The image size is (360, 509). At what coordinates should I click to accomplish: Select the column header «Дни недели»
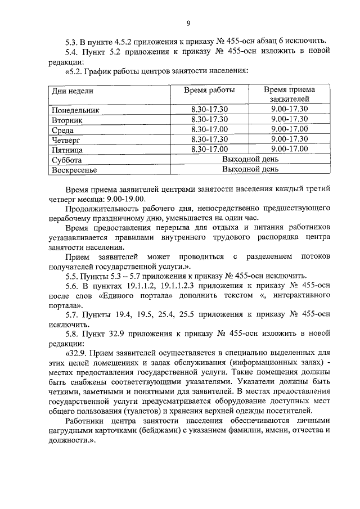73,91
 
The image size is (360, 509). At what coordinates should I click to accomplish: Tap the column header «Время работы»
209,90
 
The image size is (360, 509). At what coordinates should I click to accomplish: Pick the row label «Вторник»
67,120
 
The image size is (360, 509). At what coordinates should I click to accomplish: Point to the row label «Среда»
63,130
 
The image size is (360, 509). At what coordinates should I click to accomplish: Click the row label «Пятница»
67,150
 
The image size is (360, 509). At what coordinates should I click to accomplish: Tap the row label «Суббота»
66,160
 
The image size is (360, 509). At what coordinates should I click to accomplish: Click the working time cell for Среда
209,129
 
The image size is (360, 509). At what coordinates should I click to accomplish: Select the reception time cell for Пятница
289,149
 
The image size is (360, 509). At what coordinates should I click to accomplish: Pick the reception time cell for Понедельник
289,109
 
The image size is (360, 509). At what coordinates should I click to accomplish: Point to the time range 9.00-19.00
122,198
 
